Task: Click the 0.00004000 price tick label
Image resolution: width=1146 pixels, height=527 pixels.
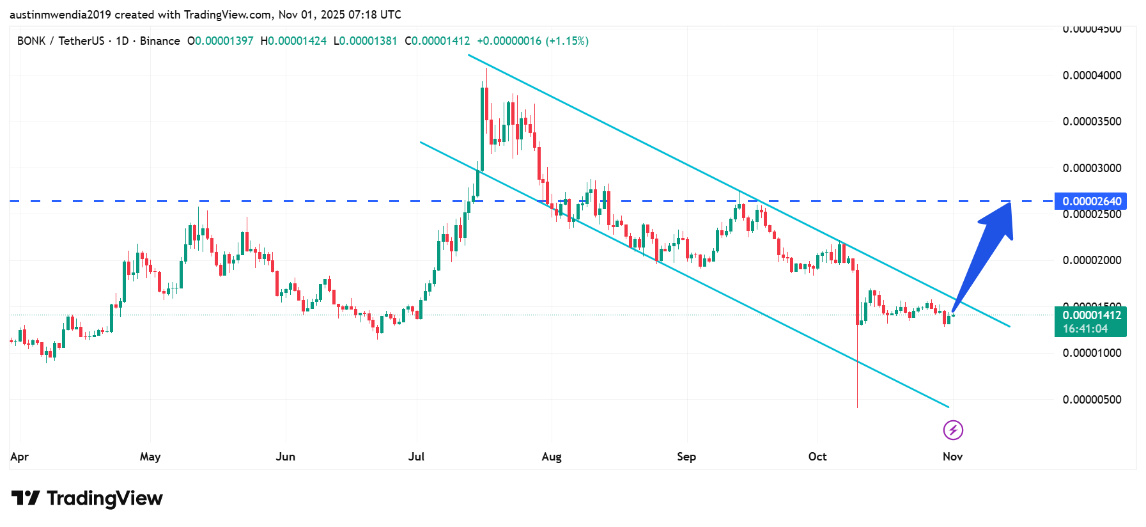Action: [1092, 75]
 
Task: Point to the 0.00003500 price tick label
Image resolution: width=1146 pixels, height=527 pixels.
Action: [1092, 122]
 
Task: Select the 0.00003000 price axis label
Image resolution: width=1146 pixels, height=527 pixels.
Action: [1092, 168]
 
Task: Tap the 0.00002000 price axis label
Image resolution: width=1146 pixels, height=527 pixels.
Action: [1092, 260]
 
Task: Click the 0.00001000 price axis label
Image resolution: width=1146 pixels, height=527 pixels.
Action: [1092, 353]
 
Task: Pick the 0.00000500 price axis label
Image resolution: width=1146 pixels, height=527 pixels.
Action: [1092, 400]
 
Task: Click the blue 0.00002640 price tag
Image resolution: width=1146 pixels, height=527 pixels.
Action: [1091, 201]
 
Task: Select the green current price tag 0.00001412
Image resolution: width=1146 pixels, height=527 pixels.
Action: [1091, 315]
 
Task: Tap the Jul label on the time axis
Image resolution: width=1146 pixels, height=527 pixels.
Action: [416, 457]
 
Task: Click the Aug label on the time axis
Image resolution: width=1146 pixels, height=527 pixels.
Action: [552, 457]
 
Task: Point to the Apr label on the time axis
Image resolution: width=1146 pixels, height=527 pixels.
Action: [20, 457]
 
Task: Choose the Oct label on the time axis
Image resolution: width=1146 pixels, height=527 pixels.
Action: [817, 457]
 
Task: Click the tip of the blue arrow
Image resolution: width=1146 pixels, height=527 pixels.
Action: [1010, 203]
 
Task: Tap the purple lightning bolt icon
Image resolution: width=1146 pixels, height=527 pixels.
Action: [953, 430]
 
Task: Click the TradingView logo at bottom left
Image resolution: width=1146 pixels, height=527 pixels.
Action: [88, 498]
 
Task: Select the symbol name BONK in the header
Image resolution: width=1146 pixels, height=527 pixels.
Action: [31, 41]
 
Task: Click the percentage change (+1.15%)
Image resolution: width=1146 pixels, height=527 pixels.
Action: [567, 41]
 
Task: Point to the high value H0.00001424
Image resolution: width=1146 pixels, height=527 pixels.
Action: [293, 41]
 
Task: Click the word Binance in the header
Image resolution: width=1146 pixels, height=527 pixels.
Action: [160, 41]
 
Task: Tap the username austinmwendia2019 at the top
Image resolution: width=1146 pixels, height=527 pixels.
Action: [60, 15]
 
